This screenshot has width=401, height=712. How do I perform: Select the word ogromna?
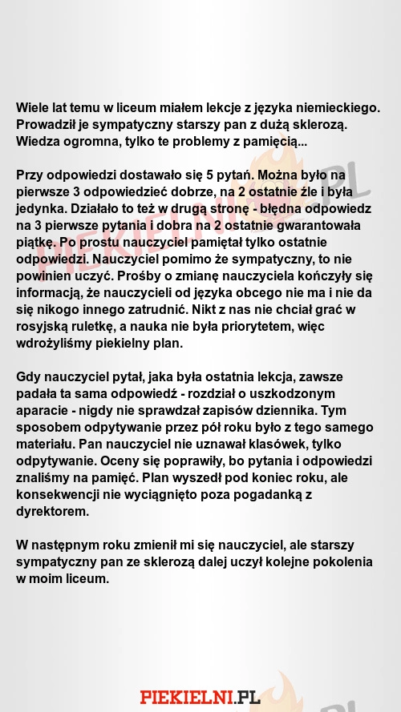point(99,142)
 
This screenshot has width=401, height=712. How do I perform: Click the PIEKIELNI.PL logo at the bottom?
point(200,697)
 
